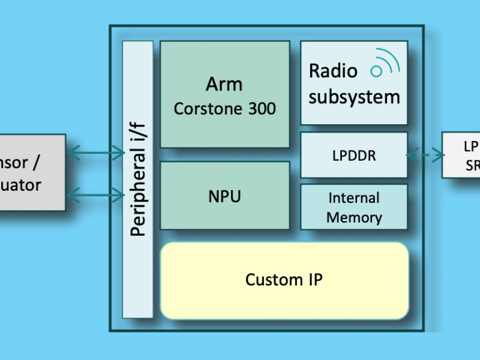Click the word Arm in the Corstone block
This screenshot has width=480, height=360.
pyautogui.click(x=225, y=85)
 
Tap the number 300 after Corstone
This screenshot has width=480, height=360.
pyautogui.click(x=260, y=109)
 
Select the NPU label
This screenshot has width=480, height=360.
pyautogui.click(x=224, y=196)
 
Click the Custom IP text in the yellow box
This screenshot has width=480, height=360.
pyautogui.click(x=284, y=280)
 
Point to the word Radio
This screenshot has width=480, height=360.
pyautogui.click(x=333, y=71)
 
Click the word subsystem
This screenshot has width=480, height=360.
pyautogui.click(x=354, y=97)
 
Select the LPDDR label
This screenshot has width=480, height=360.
pyautogui.click(x=354, y=155)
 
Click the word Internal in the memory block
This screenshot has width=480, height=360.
pyautogui.click(x=354, y=198)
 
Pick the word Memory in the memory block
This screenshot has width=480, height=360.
pyautogui.click(x=354, y=217)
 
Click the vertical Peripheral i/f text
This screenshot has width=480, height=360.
pyautogui.click(x=137, y=179)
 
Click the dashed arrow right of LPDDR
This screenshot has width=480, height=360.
pyautogui.click(x=425, y=155)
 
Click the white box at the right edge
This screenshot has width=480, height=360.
pyautogui.click(x=461, y=155)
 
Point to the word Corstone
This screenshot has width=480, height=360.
pyautogui.click(x=202, y=109)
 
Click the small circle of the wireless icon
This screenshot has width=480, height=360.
pyautogui.click(x=377, y=71)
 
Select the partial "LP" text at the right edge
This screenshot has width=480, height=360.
pyautogui.click(x=471, y=146)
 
